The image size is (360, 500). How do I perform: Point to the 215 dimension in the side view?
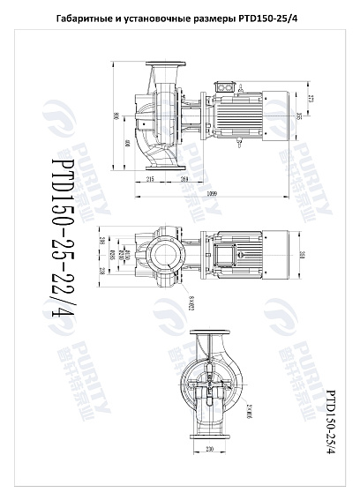150,180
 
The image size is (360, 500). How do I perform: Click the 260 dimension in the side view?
184,180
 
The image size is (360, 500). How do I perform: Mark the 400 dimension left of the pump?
127,143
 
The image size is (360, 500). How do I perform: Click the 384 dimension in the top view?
301,256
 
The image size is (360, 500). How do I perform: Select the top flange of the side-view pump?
169,64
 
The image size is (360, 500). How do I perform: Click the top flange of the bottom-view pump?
210,334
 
